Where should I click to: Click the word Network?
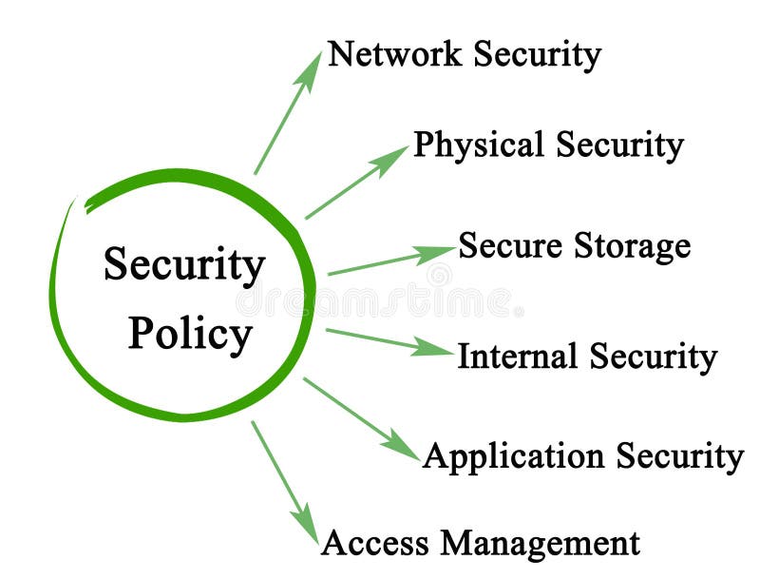(394, 54)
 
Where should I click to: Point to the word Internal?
(517, 357)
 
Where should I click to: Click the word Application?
(513, 456)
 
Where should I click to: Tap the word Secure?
(510, 245)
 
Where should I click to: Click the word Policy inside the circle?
(190, 335)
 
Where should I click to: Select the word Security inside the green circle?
(184, 266)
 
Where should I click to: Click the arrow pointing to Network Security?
(288, 113)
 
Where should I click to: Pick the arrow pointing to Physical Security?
(356, 183)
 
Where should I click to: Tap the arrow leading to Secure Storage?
(391, 261)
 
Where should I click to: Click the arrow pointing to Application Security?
(361, 419)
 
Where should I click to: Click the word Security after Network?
(537, 54)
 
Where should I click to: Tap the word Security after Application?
(678, 456)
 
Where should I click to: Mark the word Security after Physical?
(619, 145)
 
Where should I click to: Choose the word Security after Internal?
(653, 357)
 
